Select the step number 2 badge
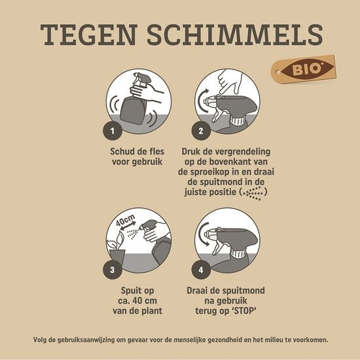tap(201, 131)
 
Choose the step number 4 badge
tap(201, 267)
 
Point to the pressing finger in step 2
tap(230, 82)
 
